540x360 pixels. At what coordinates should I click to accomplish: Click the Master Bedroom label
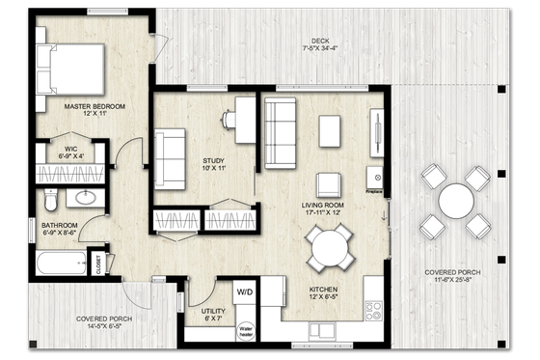[94, 110]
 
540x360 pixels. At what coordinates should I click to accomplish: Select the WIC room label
[46, 152]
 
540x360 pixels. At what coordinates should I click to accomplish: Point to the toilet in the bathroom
[54, 199]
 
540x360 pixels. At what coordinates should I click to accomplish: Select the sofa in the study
[171, 157]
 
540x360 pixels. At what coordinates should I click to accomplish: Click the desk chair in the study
[230, 119]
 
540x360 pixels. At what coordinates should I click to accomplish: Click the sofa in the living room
[281, 121]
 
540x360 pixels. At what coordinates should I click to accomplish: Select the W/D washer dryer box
[246, 291]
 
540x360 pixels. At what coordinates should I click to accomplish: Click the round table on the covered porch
[455, 202]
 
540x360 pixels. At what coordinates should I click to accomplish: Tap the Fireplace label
[374, 191]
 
